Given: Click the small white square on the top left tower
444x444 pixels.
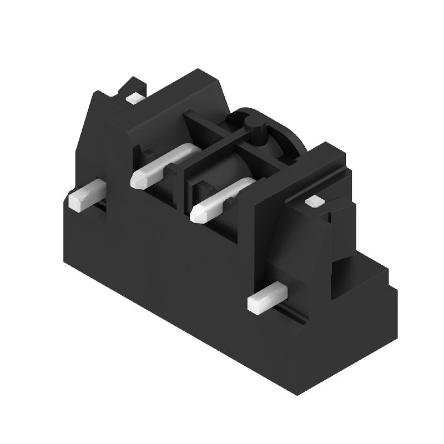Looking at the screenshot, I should [x=134, y=98].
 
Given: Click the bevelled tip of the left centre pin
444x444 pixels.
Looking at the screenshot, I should [x=139, y=179].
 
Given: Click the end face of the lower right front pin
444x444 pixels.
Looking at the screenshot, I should [x=256, y=304].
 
